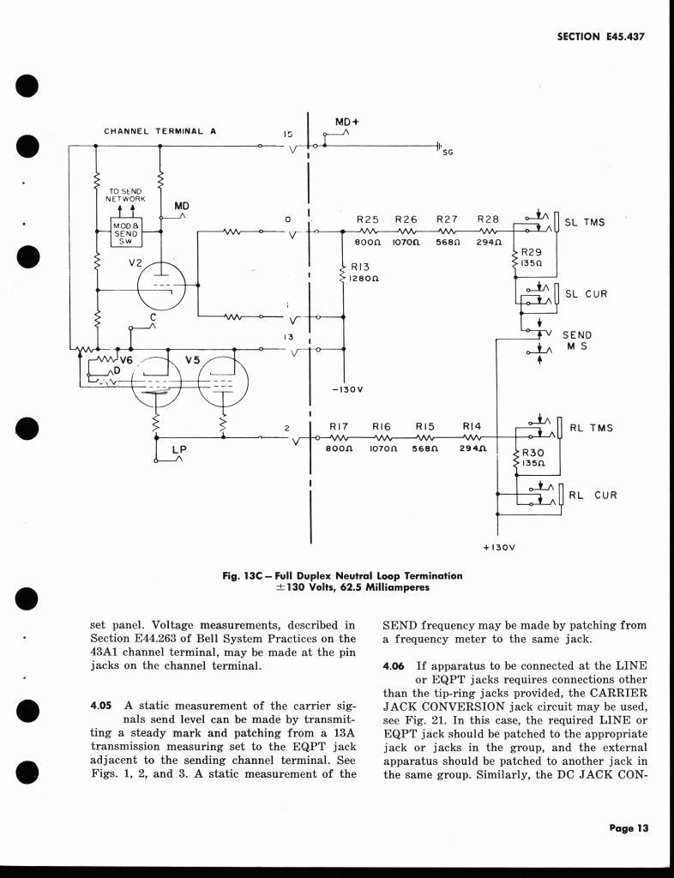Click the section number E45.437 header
pos(599,37)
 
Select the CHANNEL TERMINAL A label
pos(160,131)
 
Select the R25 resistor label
pos(368,219)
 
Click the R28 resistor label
pos(487,219)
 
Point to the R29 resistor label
pos(533,252)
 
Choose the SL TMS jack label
pos(585,223)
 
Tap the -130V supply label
pos(347,389)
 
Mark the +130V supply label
pos(498,546)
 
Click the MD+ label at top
pos(346,122)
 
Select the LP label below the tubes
pos(179,448)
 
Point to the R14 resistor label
pos(472,425)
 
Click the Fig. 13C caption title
pos(342,575)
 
